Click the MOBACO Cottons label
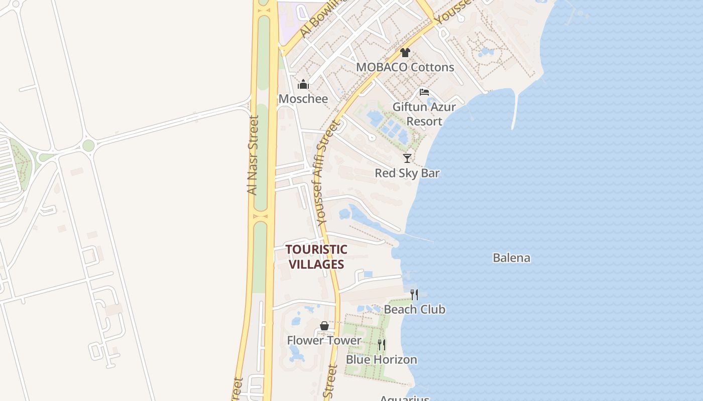pos(405,67)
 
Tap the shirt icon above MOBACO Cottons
pos(405,52)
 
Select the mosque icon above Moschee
pos(303,84)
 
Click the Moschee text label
pos(303,99)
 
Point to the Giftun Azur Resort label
pos(424,114)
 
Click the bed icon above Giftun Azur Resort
pos(424,92)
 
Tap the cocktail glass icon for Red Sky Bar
pos(407,158)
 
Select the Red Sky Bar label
pos(407,173)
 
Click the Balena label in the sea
pos(511,258)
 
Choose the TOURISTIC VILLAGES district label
pos(316,257)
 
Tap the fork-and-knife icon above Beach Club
pos(414,295)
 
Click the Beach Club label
pos(414,309)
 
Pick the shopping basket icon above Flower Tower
pos(324,326)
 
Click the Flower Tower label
pos(324,341)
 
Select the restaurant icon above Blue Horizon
pos(382,345)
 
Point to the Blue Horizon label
pos(382,360)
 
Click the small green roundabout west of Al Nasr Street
pos(88,145)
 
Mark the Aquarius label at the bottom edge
pos(404,398)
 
